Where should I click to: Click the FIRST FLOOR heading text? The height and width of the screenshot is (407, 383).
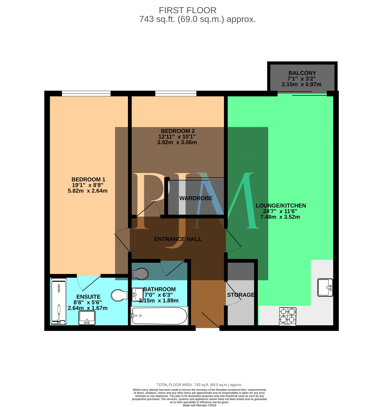click(188, 10)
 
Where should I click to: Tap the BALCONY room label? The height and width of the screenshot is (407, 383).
click(302, 73)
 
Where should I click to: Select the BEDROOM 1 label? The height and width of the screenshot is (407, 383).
click(88, 179)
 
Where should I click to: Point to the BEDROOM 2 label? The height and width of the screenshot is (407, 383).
click(178, 131)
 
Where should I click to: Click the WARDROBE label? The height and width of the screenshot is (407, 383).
click(196, 198)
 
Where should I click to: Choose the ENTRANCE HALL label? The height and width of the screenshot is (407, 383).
click(178, 239)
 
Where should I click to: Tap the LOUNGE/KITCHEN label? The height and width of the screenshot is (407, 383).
click(281, 206)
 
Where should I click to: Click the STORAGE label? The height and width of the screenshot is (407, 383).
click(241, 295)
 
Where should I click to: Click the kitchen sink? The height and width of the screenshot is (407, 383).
click(325, 287)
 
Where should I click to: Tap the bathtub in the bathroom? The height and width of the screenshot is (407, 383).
click(159, 316)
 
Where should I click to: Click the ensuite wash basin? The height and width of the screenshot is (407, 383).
click(87, 318)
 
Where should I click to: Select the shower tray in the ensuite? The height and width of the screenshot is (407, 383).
click(59, 301)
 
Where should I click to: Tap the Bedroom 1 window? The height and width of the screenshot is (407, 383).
click(86, 94)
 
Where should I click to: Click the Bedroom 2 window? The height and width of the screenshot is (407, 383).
click(176, 94)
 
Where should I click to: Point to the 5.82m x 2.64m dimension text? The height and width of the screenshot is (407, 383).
click(88, 191)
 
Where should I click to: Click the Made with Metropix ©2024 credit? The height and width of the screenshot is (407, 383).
click(200, 405)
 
